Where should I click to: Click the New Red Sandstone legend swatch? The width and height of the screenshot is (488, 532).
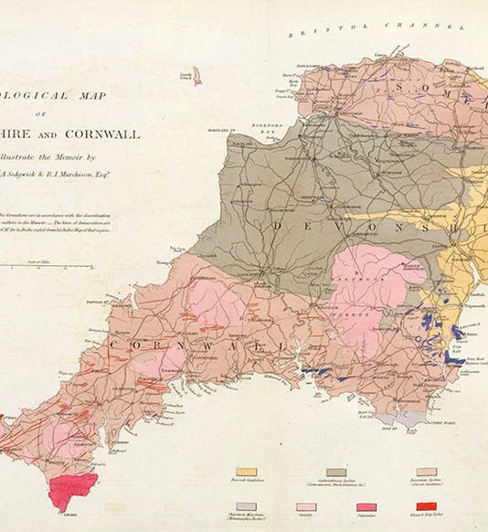246,473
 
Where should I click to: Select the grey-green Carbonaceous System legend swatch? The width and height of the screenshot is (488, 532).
336,473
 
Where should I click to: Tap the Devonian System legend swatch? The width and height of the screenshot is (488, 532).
426,473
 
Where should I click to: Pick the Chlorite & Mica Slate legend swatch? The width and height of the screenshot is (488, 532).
246,505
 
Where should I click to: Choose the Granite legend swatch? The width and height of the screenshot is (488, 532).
306,505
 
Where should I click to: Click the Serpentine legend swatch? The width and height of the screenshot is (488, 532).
366,505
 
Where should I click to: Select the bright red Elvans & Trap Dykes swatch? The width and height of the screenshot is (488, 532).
426,505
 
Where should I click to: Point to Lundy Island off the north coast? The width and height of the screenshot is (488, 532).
196,76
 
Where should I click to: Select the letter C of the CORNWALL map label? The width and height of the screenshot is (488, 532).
112,344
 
